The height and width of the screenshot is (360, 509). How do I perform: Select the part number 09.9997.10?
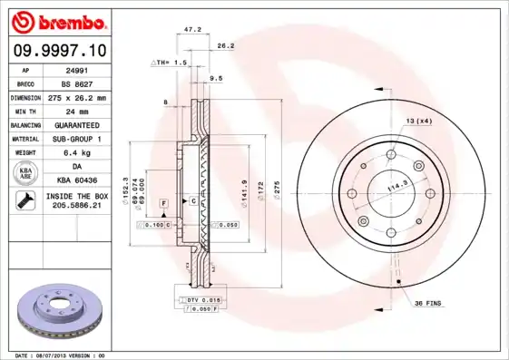coord(58,52)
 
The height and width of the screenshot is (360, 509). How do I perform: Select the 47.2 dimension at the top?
coord(192,30)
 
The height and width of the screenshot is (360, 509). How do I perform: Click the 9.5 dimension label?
coord(216,79)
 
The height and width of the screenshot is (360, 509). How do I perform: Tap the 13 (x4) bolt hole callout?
coord(419,121)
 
